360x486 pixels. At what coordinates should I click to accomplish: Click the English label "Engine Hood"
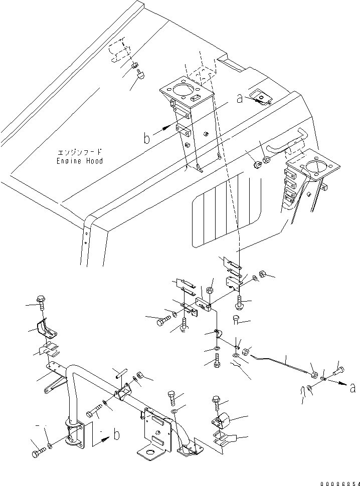[x=80, y=161]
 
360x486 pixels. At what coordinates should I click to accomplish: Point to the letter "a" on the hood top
[x=240, y=99]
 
